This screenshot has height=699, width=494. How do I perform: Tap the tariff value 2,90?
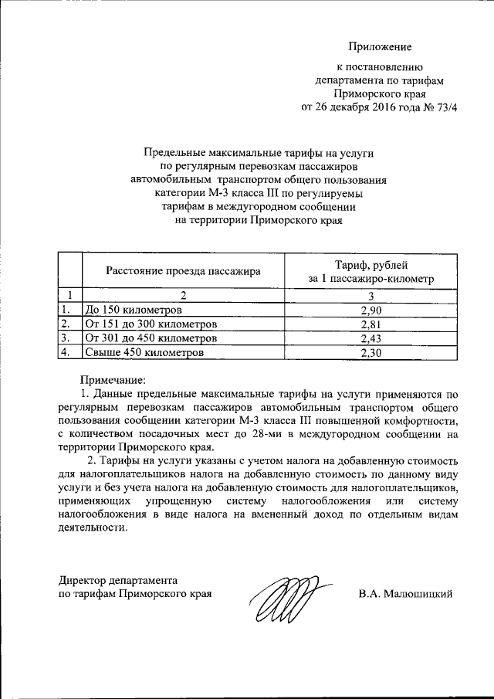pyautogui.click(x=371, y=310)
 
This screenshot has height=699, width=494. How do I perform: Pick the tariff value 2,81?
pyautogui.click(x=371, y=324)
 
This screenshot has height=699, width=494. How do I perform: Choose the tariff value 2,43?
pyautogui.click(x=371, y=338)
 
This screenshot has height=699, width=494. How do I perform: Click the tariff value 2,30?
pyautogui.click(x=371, y=353)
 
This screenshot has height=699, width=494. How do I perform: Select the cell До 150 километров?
pyautogui.click(x=134, y=310)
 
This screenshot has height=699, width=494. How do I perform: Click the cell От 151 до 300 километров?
pyautogui.click(x=151, y=324)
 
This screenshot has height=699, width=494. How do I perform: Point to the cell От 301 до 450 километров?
pyautogui.click(x=151, y=338)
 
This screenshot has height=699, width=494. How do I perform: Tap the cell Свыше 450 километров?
pyautogui.click(x=144, y=353)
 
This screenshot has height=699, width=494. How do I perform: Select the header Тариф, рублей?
pyautogui.click(x=370, y=264)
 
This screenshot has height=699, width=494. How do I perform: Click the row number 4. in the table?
pyautogui.click(x=67, y=353)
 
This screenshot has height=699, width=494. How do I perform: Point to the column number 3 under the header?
pyautogui.click(x=371, y=295)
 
